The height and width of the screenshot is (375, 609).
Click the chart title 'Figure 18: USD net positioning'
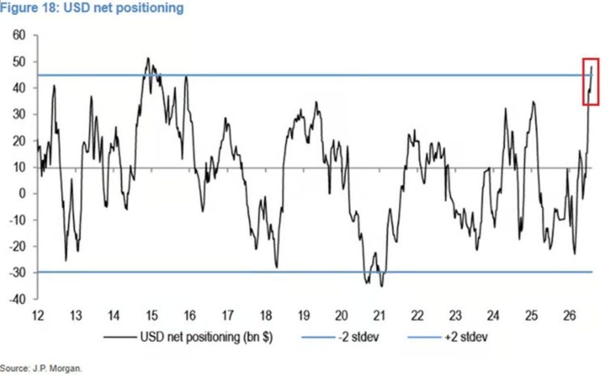92,8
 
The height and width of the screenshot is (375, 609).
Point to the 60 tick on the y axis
19,35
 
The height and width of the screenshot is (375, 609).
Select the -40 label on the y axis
18,300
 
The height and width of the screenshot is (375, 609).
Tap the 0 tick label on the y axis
22,194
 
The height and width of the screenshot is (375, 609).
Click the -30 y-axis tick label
18,273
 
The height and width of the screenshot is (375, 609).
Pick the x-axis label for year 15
152,315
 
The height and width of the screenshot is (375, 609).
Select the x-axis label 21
379,315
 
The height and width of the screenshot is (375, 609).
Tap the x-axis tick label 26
570,315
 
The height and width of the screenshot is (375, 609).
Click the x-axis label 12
38,315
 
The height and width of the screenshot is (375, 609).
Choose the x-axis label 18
266,315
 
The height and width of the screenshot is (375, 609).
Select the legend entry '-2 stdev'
359,337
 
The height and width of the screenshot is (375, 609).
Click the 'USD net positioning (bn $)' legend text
206,337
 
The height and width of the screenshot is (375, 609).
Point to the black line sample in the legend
120,337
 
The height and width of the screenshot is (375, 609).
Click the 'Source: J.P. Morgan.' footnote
41,368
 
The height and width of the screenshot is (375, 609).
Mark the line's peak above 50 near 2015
148,58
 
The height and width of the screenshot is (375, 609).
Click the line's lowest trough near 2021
382,286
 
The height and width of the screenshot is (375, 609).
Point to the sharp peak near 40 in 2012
54,85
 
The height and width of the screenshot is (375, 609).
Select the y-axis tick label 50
19,62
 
